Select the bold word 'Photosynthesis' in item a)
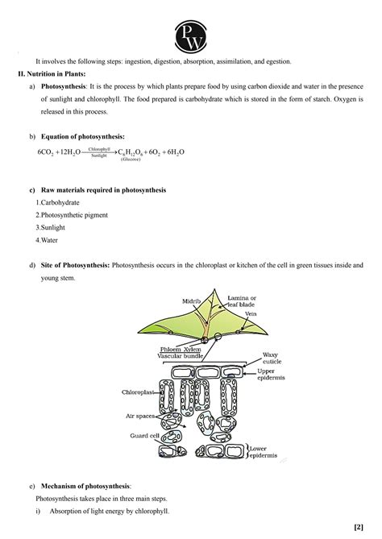tap(65, 85)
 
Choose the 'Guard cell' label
tap(144, 435)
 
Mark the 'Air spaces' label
tap(140, 417)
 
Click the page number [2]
tap(358, 527)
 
